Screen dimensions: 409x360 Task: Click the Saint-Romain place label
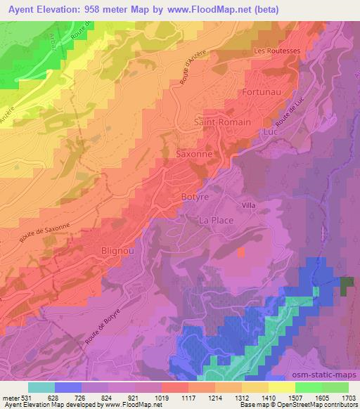(222, 122)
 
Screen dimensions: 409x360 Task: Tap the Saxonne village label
(194, 152)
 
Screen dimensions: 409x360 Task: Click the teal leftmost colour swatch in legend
(41, 387)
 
